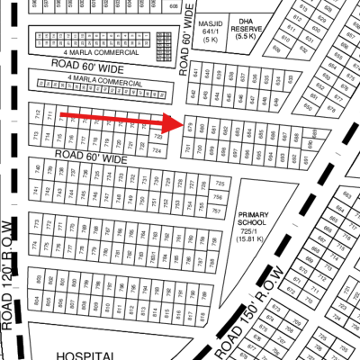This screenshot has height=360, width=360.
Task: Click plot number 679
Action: pos(189,127)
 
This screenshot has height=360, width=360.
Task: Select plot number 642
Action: pos(193,93)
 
